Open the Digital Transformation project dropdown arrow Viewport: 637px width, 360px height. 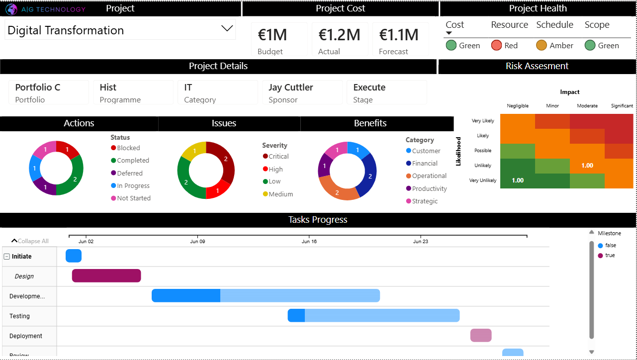[227, 29]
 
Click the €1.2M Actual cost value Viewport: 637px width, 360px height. [339, 35]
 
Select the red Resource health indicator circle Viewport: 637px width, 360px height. [496, 46]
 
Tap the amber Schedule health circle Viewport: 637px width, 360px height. [542, 46]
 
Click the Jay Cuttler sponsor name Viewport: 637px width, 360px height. [290, 88]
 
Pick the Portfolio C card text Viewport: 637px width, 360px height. [38, 88]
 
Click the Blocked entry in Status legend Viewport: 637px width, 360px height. [128, 148]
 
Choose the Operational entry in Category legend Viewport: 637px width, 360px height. [429, 176]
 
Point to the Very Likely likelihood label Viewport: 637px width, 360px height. [483, 121]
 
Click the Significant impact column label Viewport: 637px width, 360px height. [622, 106]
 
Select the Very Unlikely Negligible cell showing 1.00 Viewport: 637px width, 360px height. [518, 180]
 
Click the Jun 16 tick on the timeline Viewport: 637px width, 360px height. [309, 241]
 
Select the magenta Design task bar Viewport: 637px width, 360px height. [106, 276]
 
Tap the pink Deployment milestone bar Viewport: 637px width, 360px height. [481, 336]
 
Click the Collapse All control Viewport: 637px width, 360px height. [30, 241]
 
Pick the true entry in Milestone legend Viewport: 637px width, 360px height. [610, 256]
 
